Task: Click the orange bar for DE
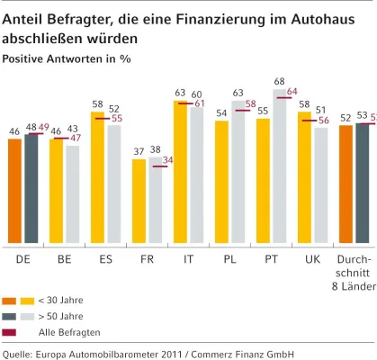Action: (x=14, y=191)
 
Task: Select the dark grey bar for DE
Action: (x=31, y=188)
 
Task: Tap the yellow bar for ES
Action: (x=98, y=177)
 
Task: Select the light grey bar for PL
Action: (x=238, y=172)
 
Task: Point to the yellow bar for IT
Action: (x=180, y=172)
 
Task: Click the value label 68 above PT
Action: (x=280, y=82)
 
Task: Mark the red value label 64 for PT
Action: (x=292, y=92)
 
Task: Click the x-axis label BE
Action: (x=65, y=258)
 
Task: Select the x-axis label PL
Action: (x=230, y=258)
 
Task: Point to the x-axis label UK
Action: (x=313, y=258)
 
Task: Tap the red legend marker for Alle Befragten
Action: (x=10, y=332)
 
